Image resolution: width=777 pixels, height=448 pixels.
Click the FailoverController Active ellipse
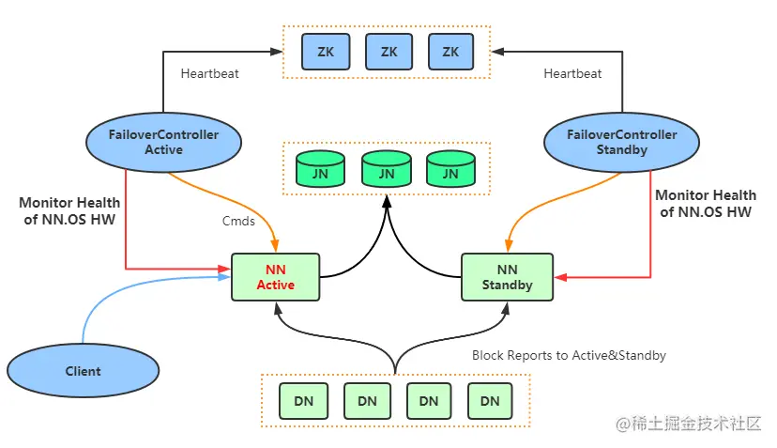coord(163,142)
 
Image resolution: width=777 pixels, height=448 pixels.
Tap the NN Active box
coord(275,277)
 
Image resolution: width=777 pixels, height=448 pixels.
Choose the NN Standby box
coord(507,277)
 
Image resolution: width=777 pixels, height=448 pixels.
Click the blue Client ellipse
coord(83,370)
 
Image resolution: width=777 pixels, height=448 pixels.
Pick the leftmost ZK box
coord(325,52)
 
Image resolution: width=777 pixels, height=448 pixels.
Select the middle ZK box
coord(388,52)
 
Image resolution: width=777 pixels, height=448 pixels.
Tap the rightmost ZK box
coord(450,52)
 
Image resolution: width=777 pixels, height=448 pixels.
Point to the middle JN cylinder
coord(388,171)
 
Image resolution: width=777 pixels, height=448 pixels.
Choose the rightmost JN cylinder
coord(450,171)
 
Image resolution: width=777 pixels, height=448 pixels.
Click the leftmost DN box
coord(304,401)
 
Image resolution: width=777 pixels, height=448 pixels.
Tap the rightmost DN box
coord(490,401)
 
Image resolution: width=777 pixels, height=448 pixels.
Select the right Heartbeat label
coord(572,72)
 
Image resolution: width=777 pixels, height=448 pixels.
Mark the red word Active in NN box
coord(275,285)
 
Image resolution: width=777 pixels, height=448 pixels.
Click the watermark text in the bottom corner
coord(690,425)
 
